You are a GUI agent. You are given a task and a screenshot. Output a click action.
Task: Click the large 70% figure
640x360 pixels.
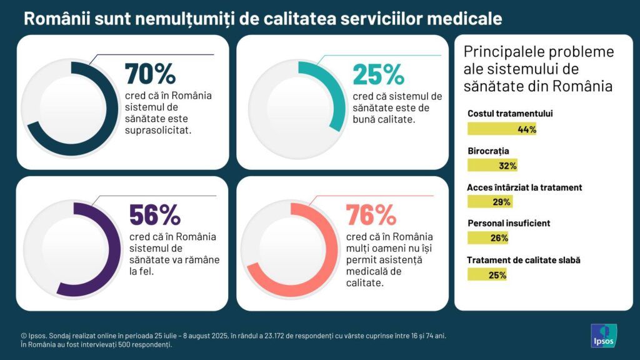[150, 74]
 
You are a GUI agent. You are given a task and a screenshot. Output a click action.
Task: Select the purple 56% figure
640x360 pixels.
[154, 215]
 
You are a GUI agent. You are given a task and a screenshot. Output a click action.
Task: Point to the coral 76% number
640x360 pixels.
[371, 215]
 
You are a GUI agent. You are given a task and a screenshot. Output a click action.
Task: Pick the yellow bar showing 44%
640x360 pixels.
[502, 129]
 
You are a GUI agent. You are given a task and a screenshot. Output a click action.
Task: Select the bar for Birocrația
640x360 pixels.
[492, 166]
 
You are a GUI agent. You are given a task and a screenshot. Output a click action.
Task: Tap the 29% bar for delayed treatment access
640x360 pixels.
[489, 201]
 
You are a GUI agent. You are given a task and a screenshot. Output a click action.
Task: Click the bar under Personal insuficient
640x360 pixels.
[487, 237]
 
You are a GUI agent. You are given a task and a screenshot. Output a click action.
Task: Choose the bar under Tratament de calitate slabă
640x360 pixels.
[487, 274]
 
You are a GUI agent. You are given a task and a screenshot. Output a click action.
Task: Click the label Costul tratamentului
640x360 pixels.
[510, 114]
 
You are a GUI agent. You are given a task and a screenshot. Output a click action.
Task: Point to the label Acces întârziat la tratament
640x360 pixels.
[524, 187]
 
